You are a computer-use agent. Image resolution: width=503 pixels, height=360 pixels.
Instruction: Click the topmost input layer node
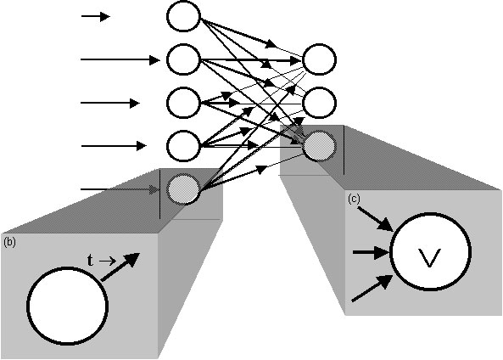point(183,16)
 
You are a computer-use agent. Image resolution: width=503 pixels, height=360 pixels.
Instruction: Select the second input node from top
point(183,59)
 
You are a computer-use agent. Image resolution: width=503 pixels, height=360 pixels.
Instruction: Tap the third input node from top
point(183,103)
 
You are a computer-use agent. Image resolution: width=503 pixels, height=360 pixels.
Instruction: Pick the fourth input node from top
point(183,146)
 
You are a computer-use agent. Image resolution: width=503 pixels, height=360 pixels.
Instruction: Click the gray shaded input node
point(183,188)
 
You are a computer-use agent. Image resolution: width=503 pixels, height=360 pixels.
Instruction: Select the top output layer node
point(320,59)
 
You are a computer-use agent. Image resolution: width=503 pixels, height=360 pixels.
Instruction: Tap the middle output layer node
point(320,103)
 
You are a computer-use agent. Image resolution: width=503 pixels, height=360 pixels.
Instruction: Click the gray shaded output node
point(320,146)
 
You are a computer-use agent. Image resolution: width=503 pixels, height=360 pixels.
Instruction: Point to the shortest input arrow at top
point(96,16)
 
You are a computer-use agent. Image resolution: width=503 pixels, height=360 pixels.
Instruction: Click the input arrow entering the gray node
point(120,189)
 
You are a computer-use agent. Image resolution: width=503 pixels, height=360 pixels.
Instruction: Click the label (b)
point(9,242)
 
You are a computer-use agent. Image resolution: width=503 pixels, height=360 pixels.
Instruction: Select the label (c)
point(354,200)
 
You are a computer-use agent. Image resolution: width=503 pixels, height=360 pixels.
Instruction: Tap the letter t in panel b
point(91,260)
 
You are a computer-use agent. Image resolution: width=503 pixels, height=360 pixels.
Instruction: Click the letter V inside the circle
point(430,258)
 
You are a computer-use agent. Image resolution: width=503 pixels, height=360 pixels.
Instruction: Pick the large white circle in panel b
point(67,306)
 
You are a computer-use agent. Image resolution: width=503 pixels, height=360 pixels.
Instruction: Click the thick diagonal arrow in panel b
point(120,267)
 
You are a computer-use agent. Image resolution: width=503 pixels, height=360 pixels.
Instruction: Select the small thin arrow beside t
point(108,262)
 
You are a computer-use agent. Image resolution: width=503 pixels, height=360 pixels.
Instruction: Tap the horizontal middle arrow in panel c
point(372,252)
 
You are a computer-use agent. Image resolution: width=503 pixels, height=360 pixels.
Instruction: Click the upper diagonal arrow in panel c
point(376,218)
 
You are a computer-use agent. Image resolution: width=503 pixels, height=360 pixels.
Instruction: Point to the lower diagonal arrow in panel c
point(373,288)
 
